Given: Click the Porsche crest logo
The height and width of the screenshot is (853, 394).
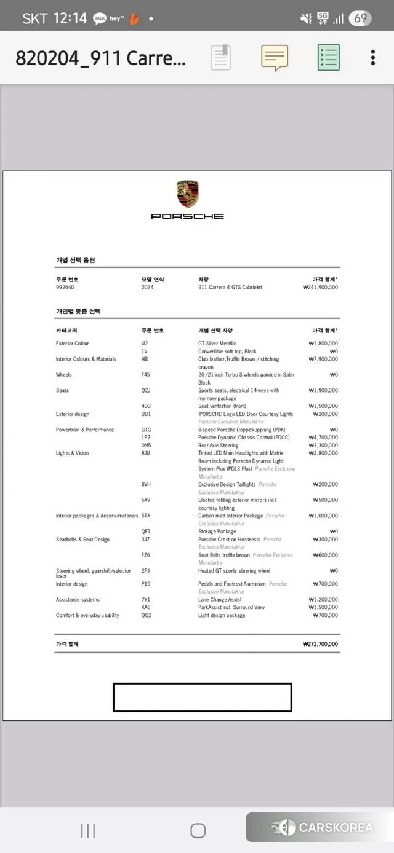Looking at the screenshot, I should (188, 194).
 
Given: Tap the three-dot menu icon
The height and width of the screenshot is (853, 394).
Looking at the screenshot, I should (372, 58).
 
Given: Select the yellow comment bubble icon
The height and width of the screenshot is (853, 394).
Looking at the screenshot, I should (275, 58).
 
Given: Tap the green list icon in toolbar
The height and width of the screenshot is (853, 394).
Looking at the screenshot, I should (329, 58).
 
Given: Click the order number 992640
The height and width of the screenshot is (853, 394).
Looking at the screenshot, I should (65, 288).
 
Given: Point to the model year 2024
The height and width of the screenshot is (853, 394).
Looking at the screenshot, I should (147, 288).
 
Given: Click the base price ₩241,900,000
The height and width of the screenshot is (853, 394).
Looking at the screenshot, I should (320, 288).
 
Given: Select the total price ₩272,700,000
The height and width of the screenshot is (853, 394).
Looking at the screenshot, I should (320, 645).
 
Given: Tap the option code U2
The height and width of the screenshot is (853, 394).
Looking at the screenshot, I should (145, 344).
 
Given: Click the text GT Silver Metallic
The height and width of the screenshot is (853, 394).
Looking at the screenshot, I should (217, 344).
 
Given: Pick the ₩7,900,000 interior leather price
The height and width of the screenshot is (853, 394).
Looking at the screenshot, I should (323, 360).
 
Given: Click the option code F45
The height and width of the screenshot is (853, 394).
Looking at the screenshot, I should (146, 375).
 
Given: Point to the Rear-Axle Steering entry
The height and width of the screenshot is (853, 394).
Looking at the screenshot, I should (218, 446).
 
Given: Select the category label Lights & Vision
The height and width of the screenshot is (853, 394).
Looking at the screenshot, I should (72, 454).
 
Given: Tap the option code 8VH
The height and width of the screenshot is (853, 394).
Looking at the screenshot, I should (146, 485).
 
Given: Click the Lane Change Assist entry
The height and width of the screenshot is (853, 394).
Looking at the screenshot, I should (220, 600).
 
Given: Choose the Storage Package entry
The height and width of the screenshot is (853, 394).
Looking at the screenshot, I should (217, 532).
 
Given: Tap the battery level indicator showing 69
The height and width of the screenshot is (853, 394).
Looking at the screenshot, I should (360, 18).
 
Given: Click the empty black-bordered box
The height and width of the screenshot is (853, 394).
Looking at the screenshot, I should (202, 698).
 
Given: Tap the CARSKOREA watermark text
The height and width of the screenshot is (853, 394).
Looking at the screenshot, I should (336, 828).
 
